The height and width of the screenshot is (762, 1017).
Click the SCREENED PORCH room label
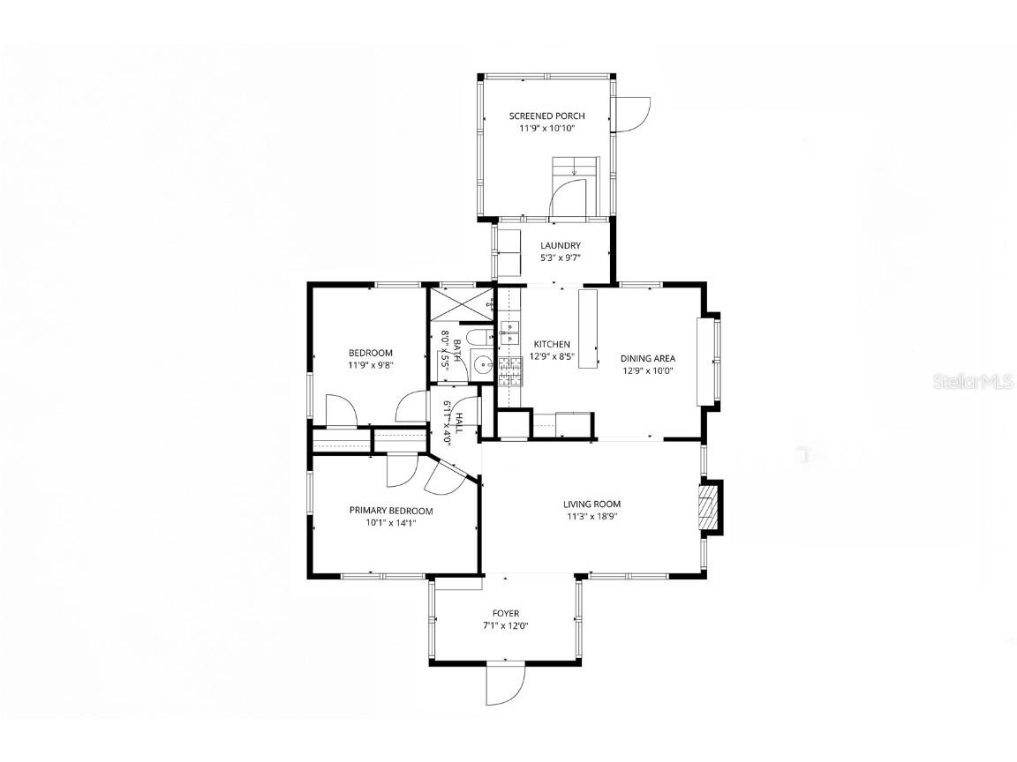(x=546, y=116)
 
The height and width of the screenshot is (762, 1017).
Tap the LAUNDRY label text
(x=561, y=245)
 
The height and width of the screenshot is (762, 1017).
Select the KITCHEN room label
(x=552, y=344)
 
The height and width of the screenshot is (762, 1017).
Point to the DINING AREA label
(x=648, y=358)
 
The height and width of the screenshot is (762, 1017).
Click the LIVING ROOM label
(x=591, y=504)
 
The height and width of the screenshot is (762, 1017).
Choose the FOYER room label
(x=506, y=614)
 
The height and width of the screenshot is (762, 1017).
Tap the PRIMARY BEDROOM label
(x=391, y=511)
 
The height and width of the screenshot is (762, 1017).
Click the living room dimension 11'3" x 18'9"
(x=591, y=517)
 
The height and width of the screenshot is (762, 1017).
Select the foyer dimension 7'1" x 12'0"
(x=506, y=626)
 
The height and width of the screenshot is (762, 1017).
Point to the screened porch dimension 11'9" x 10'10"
(x=546, y=128)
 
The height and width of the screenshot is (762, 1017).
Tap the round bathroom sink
(x=482, y=365)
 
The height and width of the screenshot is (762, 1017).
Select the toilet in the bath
(x=478, y=339)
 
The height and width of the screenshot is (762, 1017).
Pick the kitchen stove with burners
(x=510, y=370)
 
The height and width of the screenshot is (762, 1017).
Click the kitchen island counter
(x=588, y=328)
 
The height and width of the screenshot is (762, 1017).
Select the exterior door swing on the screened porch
(x=632, y=115)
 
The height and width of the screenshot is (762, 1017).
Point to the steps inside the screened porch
(x=576, y=173)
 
